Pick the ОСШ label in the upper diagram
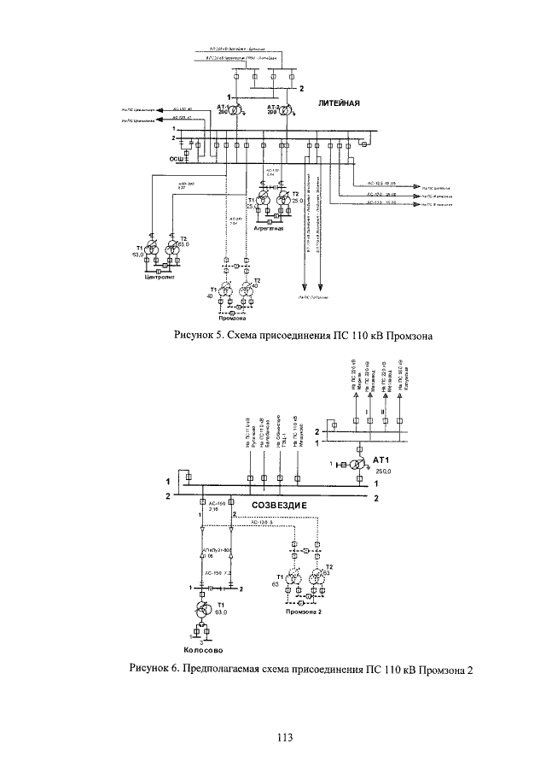click(x=176, y=158)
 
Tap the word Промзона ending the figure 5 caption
click(x=410, y=336)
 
